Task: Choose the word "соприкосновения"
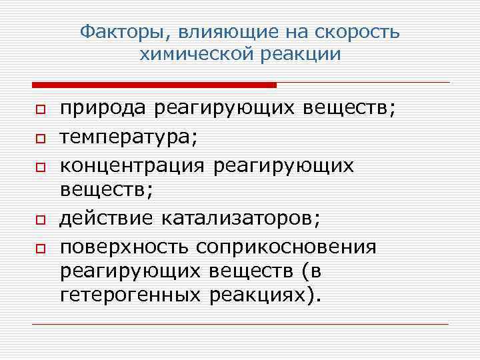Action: (x=286, y=247)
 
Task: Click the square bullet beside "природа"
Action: (x=40, y=110)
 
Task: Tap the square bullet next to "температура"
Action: (x=40, y=137)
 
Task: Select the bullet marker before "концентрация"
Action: (x=40, y=165)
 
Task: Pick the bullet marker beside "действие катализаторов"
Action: (x=40, y=220)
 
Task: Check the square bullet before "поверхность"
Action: (x=40, y=248)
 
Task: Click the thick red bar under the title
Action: (x=154, y=85)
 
